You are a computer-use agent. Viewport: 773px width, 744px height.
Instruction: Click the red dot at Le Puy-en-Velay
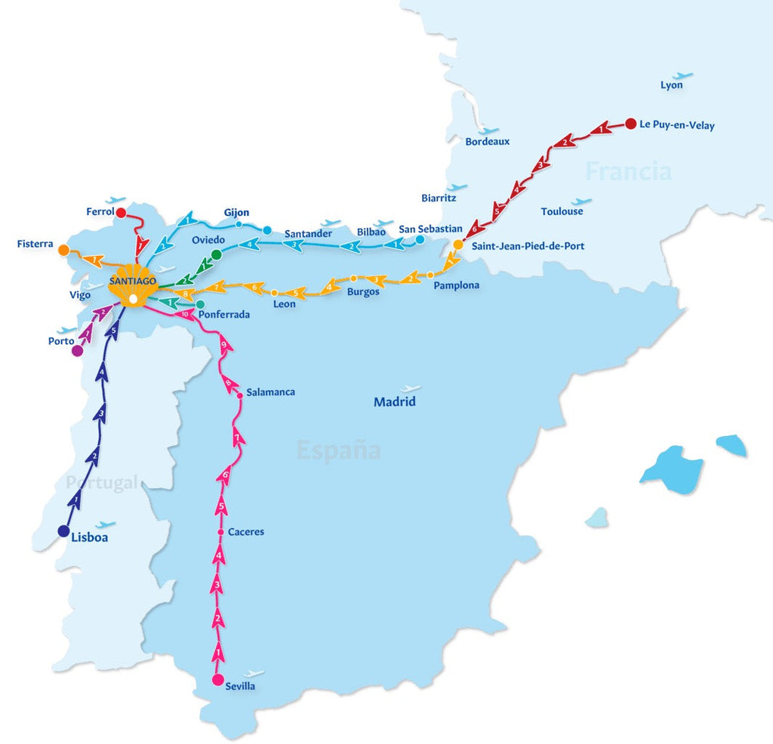pos(631,124)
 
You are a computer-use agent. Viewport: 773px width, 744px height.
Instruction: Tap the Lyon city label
pos(671,85)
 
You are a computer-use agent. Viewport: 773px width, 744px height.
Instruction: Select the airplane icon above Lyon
pos(682,75)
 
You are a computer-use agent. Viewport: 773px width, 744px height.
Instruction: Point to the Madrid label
pos(395,401)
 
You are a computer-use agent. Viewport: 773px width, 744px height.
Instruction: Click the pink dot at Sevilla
pos(218,680)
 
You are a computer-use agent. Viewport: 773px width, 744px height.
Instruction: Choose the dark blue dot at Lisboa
pos(63,530)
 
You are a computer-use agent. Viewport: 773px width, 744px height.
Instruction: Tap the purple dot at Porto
pos(77,350)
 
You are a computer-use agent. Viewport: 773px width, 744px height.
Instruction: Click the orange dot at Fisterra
pos(64,250)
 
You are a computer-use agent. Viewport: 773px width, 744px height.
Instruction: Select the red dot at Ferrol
pos(121,213)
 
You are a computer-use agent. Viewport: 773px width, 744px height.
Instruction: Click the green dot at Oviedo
pos(217,255)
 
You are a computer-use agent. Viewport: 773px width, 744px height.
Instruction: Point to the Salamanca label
pos(270,392)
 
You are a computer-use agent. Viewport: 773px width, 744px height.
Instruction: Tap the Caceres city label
pos(246,532)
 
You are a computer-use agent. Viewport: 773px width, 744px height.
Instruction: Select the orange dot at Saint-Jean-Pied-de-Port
pos(458,244)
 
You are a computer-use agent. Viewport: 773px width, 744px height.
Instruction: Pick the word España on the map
pos(338,450)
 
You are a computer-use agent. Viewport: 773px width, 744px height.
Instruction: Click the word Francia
pos(628,171)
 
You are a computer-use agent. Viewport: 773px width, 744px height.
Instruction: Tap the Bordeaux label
pos(487,141)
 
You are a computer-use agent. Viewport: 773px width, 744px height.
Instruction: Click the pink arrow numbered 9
pos(224,346)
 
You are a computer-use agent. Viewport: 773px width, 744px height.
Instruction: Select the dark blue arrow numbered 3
pos(101,414)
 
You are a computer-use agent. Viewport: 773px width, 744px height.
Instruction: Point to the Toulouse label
pos(562,211)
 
